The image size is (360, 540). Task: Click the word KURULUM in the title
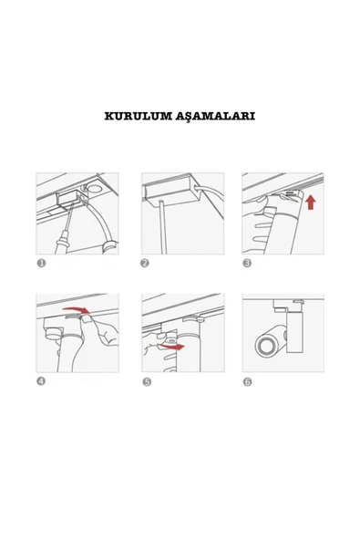click(139, 116)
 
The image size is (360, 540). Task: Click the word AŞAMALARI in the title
click(215, 117)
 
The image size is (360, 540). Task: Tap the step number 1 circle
click(41, 263)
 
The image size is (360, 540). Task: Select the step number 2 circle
click(145, 263)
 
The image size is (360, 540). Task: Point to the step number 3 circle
click(247, 263)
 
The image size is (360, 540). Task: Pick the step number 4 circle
click(41, 381)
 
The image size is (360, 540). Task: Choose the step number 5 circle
click(147, 382)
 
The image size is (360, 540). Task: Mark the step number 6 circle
click(248, 382)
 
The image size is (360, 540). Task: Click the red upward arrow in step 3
click(311, 202)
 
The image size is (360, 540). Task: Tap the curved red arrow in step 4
click(77, 309)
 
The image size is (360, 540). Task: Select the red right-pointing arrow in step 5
click(170, 347)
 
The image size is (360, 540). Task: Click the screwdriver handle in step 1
click(61, 242)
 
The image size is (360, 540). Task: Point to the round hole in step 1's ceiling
click(94, 189)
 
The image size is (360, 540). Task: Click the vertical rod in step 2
click(162, 226)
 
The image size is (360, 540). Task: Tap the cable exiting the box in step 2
click(211, 200)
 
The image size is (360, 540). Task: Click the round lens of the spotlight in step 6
click(266, 346)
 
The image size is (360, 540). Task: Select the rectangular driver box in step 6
click(295, 333)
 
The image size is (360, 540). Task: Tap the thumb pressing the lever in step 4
click(87, 318)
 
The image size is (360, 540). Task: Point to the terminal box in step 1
click(69, 200)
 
